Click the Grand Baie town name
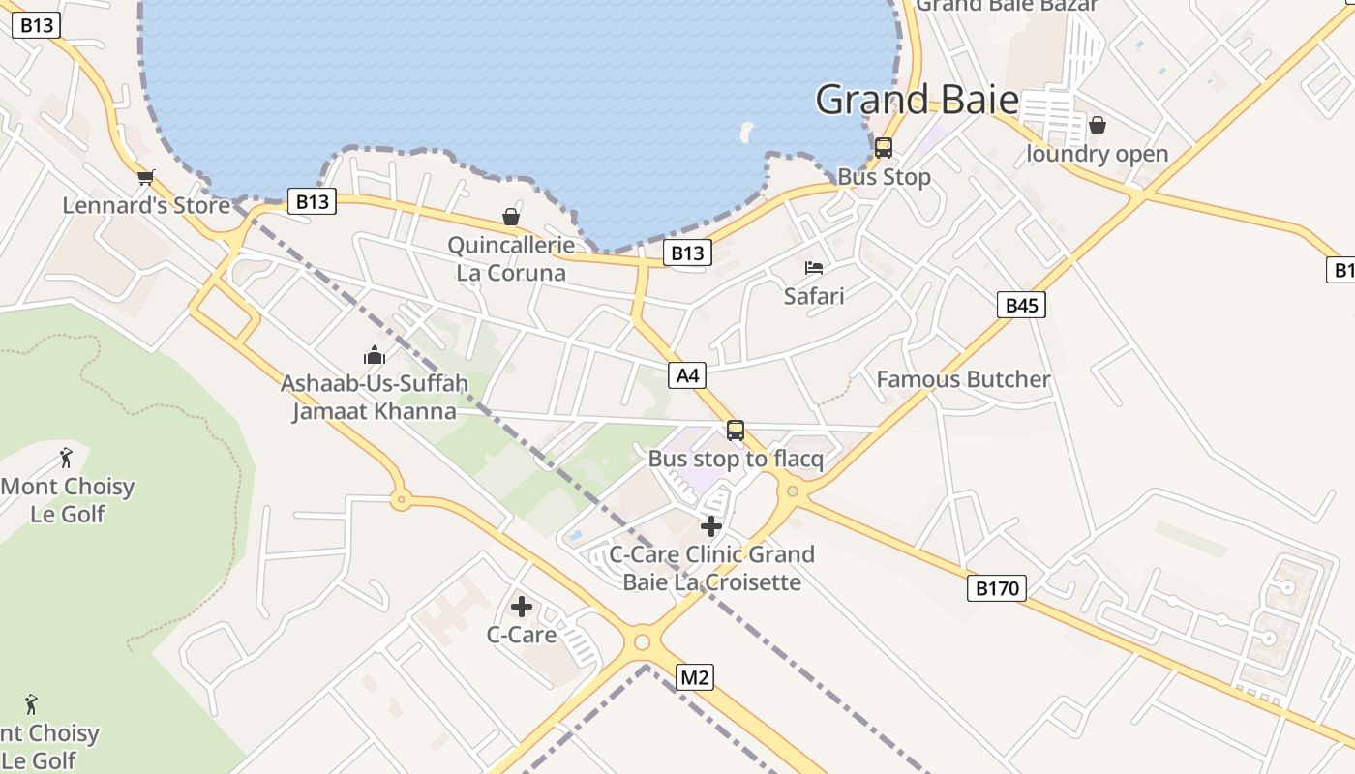point(917,100)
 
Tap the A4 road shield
point(686,375)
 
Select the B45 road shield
point(1021,306)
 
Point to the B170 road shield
point(996,587)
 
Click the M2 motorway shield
point(694,677)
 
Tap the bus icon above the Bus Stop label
point(883,148)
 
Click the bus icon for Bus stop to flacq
point(736,431)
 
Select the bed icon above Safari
point(814,268)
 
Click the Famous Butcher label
point(963,379)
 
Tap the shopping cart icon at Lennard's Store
point(146,177)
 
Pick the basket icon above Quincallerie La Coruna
point(511,217)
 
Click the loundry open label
point(1097,154)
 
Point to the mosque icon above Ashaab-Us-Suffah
point(374,355)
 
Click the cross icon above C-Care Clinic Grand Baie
point(711,526)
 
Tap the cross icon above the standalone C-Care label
point(522,607)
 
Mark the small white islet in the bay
point(746,131)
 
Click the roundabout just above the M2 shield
point(641,641)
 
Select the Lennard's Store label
point(146,205)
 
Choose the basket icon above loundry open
point(1098,125)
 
